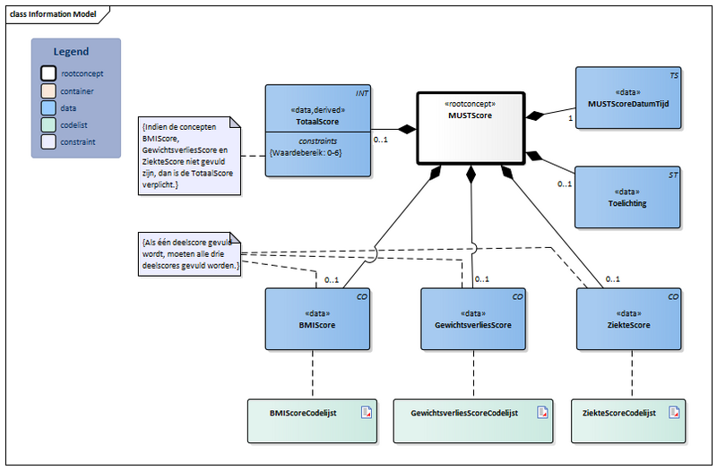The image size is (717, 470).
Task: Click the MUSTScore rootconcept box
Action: tap(469, 126)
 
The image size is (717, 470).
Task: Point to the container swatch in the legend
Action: tap(48, 91)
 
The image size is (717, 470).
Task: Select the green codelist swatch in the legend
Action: tap(48, 125)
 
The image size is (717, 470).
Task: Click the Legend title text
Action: tap(71, 52)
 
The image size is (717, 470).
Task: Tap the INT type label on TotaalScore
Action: tap(361, 93)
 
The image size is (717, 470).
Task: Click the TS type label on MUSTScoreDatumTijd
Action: tap(673, 77)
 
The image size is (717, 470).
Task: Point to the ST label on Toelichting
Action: tap(673, 175)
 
